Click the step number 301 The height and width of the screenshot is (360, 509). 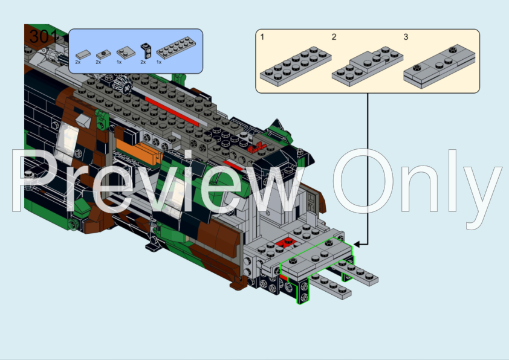coord(42,37)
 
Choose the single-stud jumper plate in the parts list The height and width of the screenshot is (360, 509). coord(102,54)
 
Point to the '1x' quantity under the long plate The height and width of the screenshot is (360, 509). coord(160,62)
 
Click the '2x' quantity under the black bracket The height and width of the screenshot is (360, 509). coord(143,62)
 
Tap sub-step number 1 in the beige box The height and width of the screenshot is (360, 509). coord(262,37)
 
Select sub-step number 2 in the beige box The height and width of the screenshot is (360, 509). coord(334,37)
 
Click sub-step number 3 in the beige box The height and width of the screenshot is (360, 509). coord(406,37)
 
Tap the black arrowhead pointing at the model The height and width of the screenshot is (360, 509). coord(357,244)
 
